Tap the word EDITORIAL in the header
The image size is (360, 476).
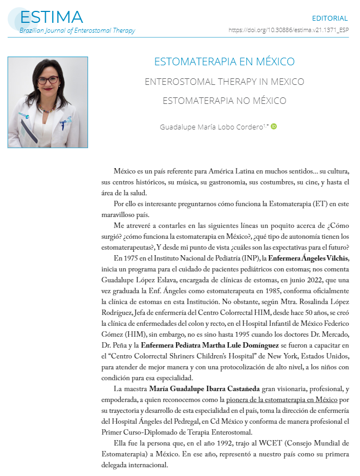click(x=330, y=18)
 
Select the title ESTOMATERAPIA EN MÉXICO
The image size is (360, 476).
click(x=225, y=61)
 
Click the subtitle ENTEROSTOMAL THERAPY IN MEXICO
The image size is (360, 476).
click(x=225, y=82)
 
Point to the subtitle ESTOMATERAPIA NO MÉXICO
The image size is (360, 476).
click(x=225, y=101)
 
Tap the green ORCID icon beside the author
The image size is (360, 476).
click(x=274, y=127)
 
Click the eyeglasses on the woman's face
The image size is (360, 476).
click(x=47, y=80)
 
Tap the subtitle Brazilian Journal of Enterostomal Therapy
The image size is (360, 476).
click(x=77, y=30)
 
